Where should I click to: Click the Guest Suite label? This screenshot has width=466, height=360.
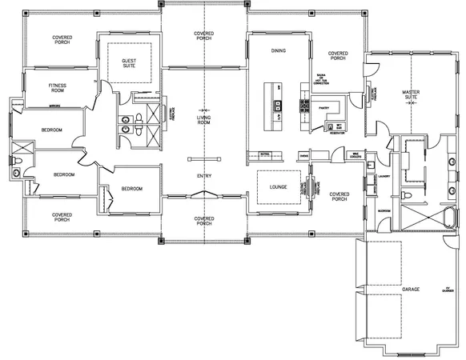pos(128,63)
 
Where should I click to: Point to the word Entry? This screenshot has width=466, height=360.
pos(204,176)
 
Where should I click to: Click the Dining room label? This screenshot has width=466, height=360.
pos(278,50)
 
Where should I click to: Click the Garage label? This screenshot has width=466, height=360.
pos(411,288)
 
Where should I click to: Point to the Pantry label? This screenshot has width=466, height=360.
pos(324,106)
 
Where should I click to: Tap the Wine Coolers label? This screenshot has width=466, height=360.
pos(357,155)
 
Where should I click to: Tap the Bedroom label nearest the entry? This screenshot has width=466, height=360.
pos(131,189)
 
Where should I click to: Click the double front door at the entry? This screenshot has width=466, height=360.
pos(204,194)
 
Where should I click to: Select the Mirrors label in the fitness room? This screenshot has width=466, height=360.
pos(55,104)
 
